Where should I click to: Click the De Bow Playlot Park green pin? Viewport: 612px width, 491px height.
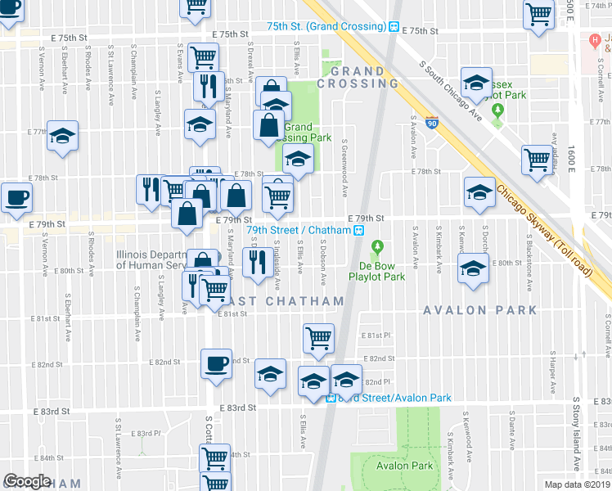[x=377, y=246]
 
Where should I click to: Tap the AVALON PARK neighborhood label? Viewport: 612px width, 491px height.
[x=480, y=310]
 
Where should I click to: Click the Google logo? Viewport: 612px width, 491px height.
[x=28, y=481]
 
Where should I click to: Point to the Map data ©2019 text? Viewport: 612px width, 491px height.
[x=577, y=484]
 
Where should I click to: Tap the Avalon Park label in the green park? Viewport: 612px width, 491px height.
[x=404, y=466]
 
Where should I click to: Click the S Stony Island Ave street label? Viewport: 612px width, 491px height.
[x=577, y=442]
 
